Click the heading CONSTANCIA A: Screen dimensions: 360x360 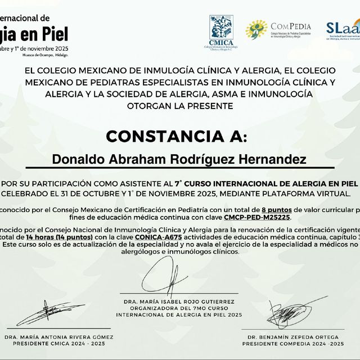coord(176,137)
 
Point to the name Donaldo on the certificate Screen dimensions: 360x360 coord(75,159)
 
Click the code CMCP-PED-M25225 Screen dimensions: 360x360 coord(256,217)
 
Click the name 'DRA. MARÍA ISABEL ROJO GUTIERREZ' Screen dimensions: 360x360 coord(179,301)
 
